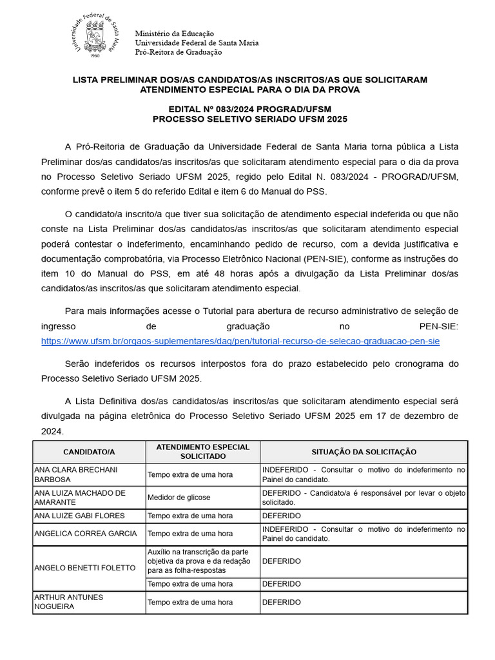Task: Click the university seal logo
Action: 93,37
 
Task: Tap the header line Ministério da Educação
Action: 174,34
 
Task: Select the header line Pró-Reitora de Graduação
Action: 178,52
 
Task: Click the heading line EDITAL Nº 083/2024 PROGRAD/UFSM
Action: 249,109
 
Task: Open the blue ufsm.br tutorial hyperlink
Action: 240,341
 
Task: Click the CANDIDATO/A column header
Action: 89,452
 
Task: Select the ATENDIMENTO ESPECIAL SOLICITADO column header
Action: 202,452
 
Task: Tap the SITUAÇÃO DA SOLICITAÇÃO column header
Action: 364,452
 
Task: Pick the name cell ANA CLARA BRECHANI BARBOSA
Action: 88,474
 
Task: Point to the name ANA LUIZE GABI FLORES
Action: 79,516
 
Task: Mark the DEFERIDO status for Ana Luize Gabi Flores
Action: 281,516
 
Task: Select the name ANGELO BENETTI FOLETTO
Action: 84,568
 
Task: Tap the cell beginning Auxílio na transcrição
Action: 202,561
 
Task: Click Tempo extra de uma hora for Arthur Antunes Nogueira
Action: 190,602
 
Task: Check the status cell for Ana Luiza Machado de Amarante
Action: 364,498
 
